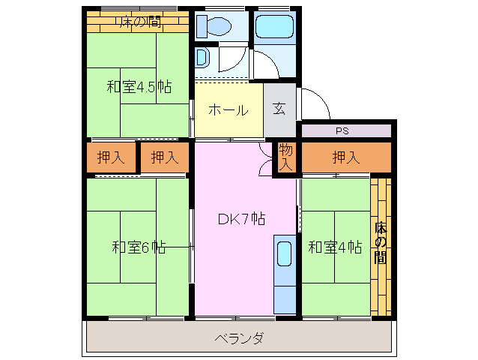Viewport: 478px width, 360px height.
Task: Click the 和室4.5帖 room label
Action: pos(139,87)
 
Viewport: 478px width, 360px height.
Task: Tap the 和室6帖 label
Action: pos(139,247)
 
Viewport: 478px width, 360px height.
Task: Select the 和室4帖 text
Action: pos(335,247)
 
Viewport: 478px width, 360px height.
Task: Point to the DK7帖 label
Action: pos(241,219)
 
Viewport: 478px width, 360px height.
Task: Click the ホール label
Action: pos(228,110)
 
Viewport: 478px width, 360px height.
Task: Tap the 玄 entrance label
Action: pos(279,109)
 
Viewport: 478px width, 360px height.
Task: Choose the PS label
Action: pos(342,131)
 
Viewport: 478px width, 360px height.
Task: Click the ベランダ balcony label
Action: pos(238,338)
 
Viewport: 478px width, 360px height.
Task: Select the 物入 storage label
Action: pos(286,157)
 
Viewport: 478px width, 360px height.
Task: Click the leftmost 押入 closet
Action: pos(111,157)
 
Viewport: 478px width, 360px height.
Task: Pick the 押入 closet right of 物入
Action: pos(345,157)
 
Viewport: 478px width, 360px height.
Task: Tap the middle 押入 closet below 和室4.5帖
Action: pos(164,157)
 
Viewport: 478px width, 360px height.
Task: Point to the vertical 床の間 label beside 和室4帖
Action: pos(380,242)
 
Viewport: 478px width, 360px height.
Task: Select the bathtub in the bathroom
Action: pos(275,27)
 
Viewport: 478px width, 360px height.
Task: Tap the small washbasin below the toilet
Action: pos(202,58)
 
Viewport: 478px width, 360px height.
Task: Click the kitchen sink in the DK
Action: pos(285,255)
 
